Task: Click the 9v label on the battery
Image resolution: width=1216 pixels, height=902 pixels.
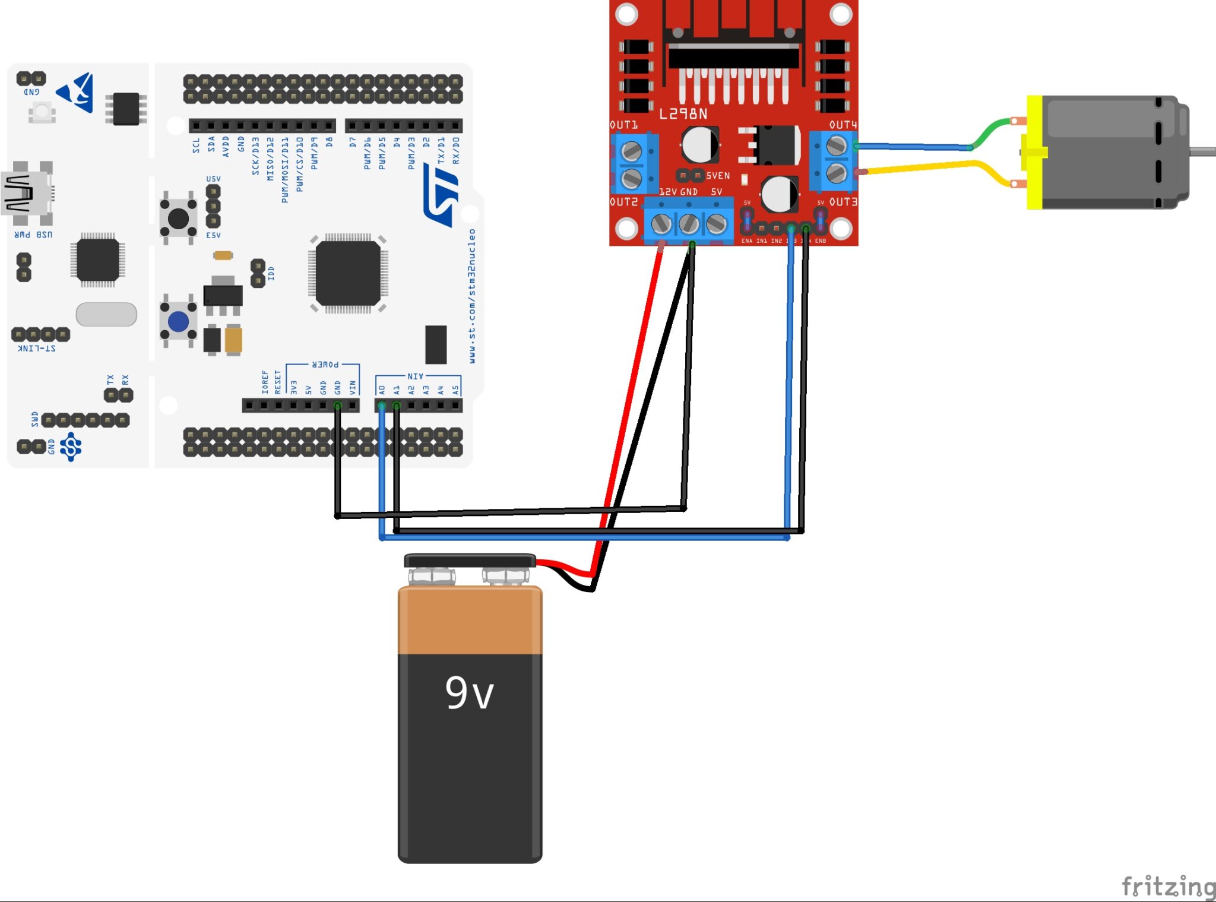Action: pyautogui.click(x=469, y=692)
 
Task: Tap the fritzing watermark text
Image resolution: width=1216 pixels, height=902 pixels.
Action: pyautogui.click(x=1167, y=887)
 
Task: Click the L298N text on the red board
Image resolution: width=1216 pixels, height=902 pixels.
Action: pyautogui.click(x=683, y=113)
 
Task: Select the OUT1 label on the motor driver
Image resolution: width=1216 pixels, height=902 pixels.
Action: pyautogui.click(x=623, y=125)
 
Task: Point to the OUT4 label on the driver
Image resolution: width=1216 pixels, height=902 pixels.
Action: pyautogui.click(x=843, y=125)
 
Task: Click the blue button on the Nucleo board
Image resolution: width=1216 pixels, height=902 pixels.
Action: pyautogui.click(x=178, y=322)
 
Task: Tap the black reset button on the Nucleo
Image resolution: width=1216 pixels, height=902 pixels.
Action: pyautogui.click(x=178, y=218)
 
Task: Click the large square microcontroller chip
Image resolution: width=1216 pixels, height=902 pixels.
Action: pyautogui.click(x=348, y=273)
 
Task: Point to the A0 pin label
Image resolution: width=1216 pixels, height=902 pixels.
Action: pyautogui.click(x=382, y=390)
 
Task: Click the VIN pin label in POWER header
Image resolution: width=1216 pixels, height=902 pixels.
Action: pyautogui.click(x=353, y=387)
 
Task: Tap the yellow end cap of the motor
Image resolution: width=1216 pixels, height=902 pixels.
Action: pyautogui.click(x=1034, y=153)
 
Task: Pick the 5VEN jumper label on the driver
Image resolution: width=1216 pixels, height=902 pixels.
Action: pyautogui.click(x=718, y=176)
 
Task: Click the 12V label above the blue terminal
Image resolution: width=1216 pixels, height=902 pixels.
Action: pyautogui.click(x=668, y=192)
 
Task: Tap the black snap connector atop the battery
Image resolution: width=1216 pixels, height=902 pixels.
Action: pyautogui.click(x=469, y=561)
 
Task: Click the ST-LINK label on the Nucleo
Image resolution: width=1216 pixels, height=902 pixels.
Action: pyautogui.click(x=37, y=348)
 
